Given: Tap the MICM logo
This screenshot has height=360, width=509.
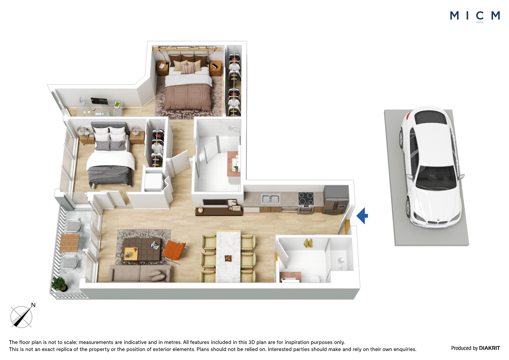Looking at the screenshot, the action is (x=475, y=16).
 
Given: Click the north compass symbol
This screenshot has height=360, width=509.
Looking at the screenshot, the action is (x=22, y=316).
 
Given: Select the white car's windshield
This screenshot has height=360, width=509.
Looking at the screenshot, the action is (x=436, y=177).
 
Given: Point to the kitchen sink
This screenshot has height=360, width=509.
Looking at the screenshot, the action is (x=270, y=199).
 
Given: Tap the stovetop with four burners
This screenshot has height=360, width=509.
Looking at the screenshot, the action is (x=306, y=199).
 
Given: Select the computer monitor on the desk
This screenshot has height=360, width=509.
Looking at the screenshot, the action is (x=99, y=101).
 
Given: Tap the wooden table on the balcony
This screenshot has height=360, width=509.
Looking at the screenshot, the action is (x=69, y=243).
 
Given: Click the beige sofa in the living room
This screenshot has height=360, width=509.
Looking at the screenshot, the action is (x=140, y=274).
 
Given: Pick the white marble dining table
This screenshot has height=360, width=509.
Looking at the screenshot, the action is (x=228, y=257).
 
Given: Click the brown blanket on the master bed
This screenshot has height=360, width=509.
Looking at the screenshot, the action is (x=188, y=97).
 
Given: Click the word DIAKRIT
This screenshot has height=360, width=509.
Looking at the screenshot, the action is (x=490, y=348).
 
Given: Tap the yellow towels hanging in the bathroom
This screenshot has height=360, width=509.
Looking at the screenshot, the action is (x=308, y=243).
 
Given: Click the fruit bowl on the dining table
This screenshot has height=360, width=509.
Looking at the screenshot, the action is (x=228, y=258).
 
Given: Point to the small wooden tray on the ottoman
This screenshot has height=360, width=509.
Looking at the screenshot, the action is (x=131, y=254).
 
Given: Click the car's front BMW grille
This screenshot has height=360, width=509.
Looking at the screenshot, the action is (x=436, y=222).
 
